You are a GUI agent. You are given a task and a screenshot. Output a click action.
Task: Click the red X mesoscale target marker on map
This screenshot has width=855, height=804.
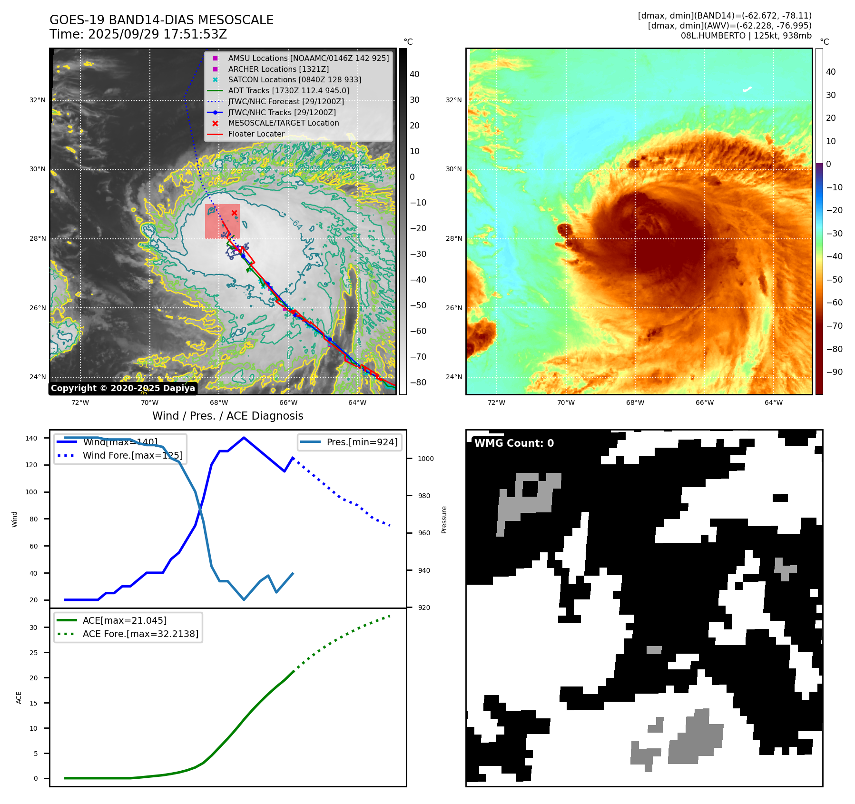tap(234, 213)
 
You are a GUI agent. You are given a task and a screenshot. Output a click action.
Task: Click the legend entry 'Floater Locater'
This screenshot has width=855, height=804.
tap(256, 134)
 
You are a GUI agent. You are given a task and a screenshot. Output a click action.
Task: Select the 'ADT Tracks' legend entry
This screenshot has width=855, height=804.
tap(288, 90)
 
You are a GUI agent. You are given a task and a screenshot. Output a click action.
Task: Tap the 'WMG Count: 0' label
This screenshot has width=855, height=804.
tap(514, 443)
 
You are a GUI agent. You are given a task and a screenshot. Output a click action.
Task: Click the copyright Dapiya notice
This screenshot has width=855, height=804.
tap(123, 388)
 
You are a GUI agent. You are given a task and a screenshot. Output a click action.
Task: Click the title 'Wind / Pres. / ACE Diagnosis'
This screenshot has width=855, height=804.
tap(227, 416)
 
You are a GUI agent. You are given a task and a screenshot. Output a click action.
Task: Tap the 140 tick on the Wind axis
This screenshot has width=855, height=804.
tap(31, 438)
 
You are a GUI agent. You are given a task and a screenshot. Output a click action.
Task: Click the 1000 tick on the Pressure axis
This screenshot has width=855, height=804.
tap(426, 459)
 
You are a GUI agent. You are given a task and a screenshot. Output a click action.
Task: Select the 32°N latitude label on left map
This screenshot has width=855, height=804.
tap(38, 100)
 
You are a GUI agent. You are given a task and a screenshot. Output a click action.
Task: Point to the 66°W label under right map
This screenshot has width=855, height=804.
tap(704, 402)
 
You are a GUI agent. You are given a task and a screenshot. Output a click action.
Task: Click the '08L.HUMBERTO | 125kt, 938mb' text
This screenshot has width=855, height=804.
tap(746, 36)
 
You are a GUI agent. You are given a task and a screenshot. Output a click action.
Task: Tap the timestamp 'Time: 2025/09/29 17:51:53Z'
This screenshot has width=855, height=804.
tap(138, 35)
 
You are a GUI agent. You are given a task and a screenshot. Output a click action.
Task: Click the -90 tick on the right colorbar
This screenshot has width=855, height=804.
tap(834, 372)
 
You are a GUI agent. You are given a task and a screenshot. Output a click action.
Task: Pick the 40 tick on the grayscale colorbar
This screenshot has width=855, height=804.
tap(414, 74)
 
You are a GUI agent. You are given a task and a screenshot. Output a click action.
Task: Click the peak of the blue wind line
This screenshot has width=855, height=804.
tap(244, 438)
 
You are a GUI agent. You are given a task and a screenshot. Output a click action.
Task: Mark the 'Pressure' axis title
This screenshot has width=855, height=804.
tap(444, 520)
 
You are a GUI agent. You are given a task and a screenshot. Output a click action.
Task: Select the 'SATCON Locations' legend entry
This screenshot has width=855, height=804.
tap(294, 80)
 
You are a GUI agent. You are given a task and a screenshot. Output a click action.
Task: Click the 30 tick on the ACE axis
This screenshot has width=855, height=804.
tap(33, 628)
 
